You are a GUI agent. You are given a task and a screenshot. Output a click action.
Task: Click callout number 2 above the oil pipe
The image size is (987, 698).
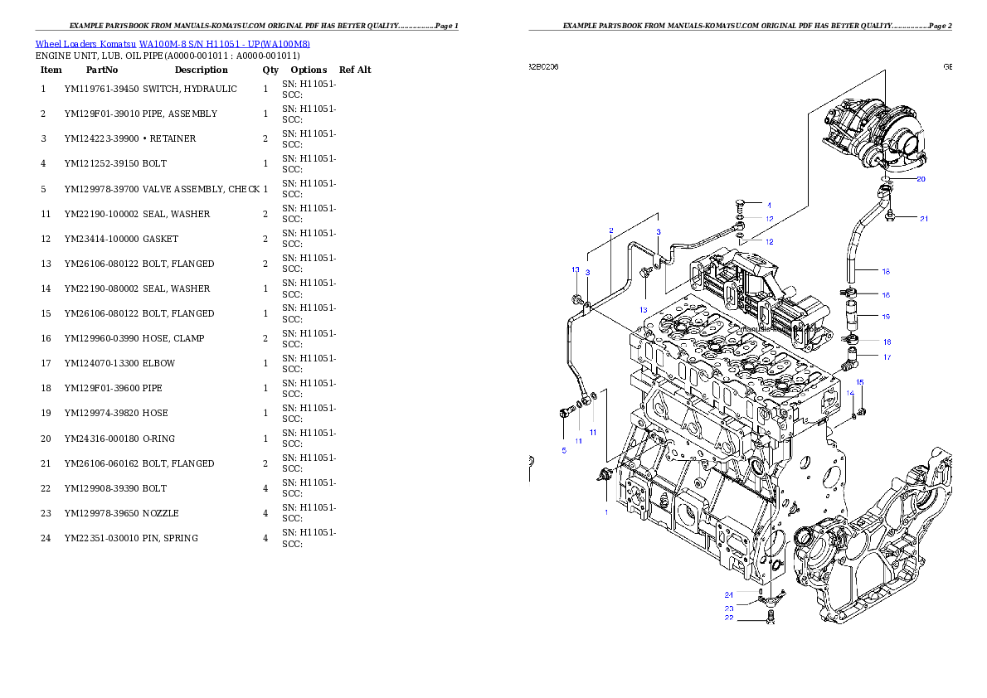point(611,230)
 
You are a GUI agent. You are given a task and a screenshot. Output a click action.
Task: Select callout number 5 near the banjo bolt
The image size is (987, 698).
point(564,450)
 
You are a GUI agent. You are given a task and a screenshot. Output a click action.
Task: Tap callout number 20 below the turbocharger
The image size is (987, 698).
point(921,179)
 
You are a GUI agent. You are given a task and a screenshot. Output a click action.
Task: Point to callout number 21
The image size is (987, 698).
point(923,219)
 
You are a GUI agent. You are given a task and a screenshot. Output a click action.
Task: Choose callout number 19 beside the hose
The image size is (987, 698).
point(886,317)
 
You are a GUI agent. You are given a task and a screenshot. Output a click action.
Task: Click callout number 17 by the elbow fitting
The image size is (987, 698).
point(887,357)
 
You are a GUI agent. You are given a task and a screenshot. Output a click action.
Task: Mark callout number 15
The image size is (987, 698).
point(860,382)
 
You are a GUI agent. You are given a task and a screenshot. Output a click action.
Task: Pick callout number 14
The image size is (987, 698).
point(850,393)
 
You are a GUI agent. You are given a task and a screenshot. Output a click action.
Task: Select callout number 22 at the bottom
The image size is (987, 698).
point(728,618)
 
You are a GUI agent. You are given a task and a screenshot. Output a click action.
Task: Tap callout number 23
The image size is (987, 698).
point(728,608)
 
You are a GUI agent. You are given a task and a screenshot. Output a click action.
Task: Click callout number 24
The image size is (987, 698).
point(728,594)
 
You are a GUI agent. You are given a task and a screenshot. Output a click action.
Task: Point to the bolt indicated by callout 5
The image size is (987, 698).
point(566,412)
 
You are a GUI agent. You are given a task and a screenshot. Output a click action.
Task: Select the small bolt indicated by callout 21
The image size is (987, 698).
point(890,219)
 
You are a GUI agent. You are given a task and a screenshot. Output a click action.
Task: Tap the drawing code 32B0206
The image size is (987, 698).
point(543,66)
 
